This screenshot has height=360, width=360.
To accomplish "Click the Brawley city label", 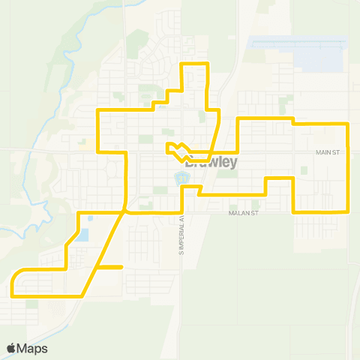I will click(x=211, y=161).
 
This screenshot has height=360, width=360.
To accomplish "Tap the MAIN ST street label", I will click(x=328, y=152).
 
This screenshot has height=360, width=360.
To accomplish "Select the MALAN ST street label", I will click(x=244, y=214).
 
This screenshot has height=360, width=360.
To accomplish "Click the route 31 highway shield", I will click(x=181, y=178).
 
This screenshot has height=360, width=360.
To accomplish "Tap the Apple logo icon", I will click(x=11, y=348).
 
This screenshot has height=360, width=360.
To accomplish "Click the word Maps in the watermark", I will click(x=33, y=348).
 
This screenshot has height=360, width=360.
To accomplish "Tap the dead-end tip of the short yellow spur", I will click(x=121, y=266).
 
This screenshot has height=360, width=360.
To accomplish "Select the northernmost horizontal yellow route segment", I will click(x=193, y=64).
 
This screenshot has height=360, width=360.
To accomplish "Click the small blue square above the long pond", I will click(x=89, y=218).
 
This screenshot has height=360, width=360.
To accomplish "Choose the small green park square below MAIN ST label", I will click(x=304, y=170).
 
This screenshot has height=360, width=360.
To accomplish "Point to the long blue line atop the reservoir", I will click(x=300, y=41).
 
